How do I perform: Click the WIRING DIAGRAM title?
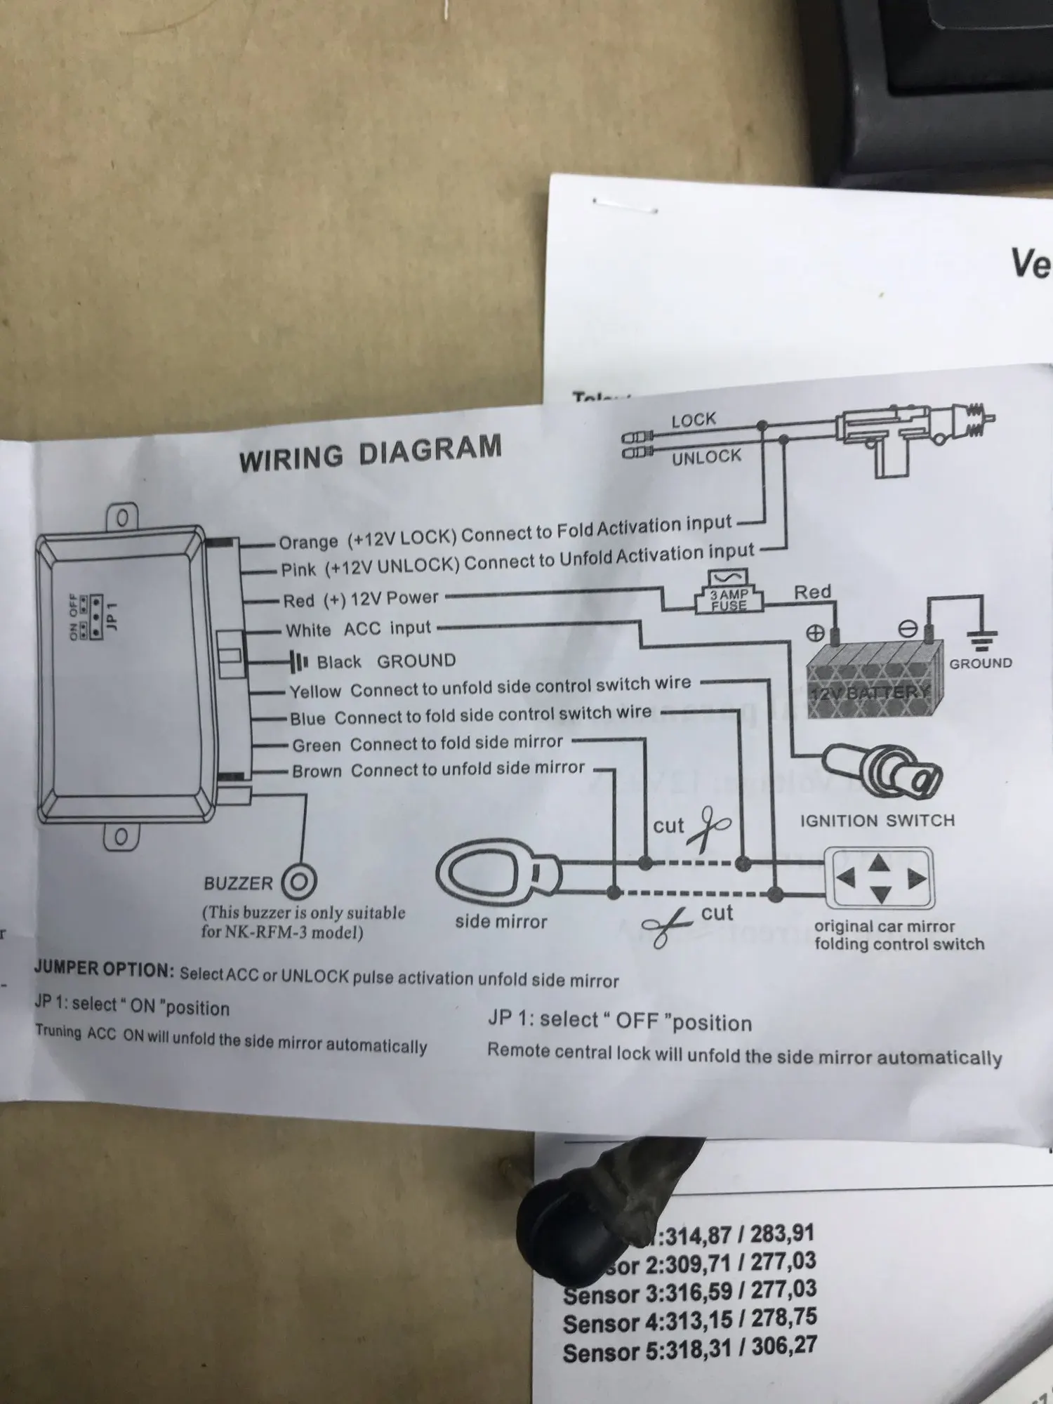point(370,453)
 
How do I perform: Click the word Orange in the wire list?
point(308,542)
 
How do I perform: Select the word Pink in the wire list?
point(299,569)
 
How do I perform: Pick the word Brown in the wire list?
point(317,771)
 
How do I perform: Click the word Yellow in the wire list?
point(315,691)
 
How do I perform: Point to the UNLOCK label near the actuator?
point(706,458)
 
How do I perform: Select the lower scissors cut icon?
point(668,926)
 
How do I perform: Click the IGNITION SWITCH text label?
point(877,821)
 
